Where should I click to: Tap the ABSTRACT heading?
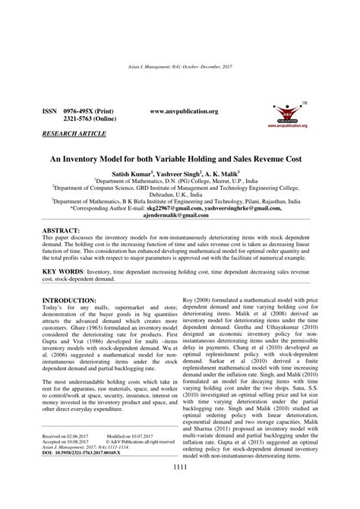(63, 207)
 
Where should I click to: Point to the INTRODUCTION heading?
(69, 280)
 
